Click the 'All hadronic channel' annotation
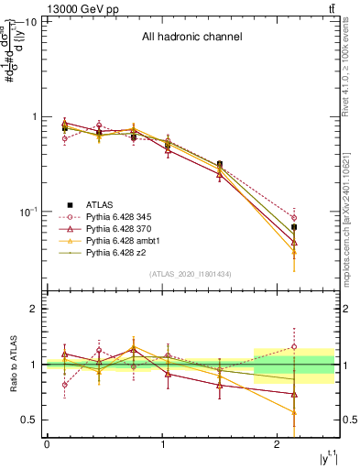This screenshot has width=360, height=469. (191, 38)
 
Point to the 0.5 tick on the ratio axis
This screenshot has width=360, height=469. (29, 420)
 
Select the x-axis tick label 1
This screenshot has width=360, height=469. (162, 444)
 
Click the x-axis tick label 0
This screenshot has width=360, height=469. (47, 444)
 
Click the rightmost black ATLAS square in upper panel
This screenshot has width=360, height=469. (294, 226)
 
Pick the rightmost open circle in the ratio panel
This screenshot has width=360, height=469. (294, 346)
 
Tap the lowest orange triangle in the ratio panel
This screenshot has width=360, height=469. (294, 412)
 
